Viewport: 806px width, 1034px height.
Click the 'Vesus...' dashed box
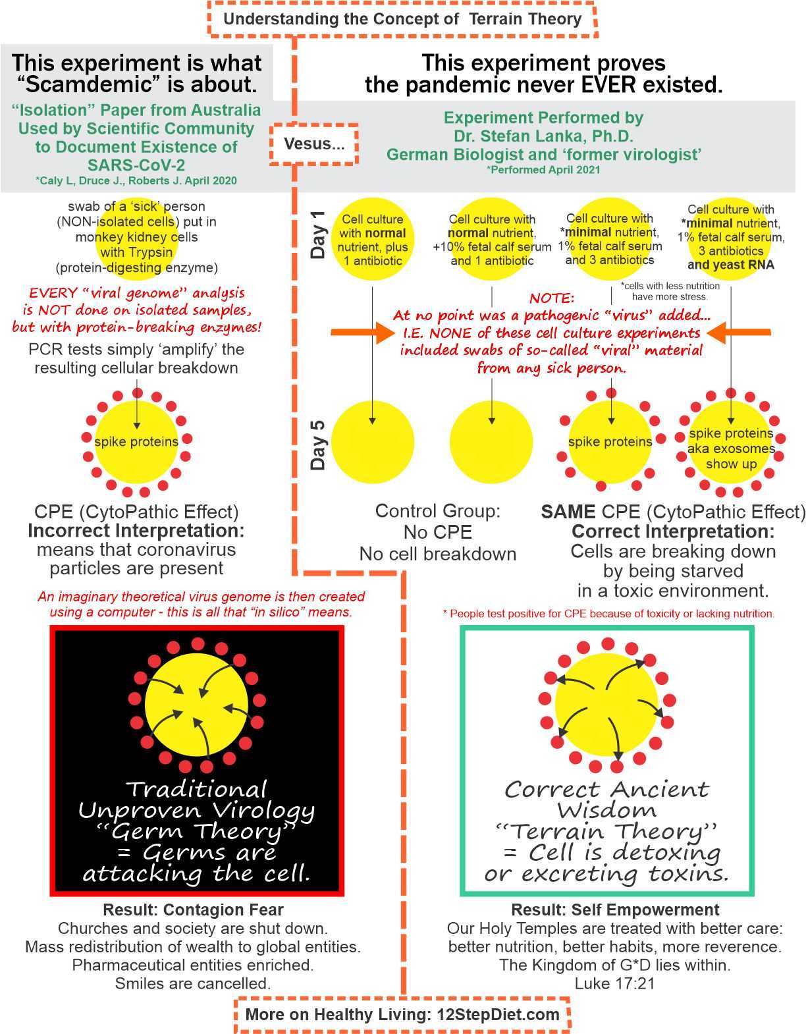(313, 144)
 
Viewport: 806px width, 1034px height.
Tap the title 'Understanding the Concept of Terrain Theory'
(402, 19)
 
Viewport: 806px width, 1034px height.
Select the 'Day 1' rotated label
(317, 234)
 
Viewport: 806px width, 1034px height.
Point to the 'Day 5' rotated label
(317, 445)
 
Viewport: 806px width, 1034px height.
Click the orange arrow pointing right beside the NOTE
(363, 332)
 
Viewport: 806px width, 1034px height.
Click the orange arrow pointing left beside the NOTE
(739, 332)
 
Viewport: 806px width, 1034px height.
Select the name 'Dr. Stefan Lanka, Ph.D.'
(543, 136)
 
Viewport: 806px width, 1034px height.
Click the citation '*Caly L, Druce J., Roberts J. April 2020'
(136, 181)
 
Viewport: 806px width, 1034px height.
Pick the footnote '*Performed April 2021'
(543, 170)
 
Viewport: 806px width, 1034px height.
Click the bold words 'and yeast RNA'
(731, 265)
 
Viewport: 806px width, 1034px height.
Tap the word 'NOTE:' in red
(552, 298)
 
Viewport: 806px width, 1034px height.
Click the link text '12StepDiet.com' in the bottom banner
(498, 1014)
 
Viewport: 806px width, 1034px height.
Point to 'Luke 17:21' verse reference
(615, 983)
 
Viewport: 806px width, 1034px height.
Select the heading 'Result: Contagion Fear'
(193, 910)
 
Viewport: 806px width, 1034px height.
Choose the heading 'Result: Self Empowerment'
(615, 910)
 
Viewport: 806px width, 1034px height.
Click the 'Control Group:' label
(438, 510)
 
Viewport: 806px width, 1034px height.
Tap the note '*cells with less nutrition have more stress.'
(670, 291)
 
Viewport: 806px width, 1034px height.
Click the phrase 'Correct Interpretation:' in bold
(673, 531)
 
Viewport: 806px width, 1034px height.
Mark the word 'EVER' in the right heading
(609, 85)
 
